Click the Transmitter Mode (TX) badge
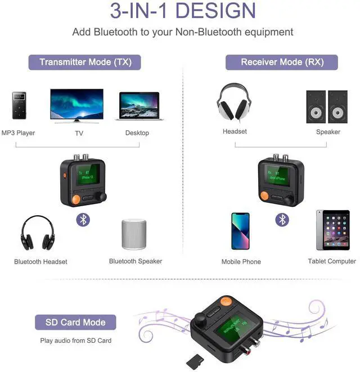(84, 62)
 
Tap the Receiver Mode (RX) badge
(282, 62)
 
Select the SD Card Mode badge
(74, 323)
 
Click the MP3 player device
(19, 105)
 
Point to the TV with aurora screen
(77, 105)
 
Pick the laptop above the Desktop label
(139, 106)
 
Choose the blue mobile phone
(240, 230)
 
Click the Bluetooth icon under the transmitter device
(83, 220)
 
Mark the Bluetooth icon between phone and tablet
(282, 220)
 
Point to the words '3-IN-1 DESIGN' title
(183, 11)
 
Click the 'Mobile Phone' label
(241, 261)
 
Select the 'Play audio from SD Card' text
(75, 341)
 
